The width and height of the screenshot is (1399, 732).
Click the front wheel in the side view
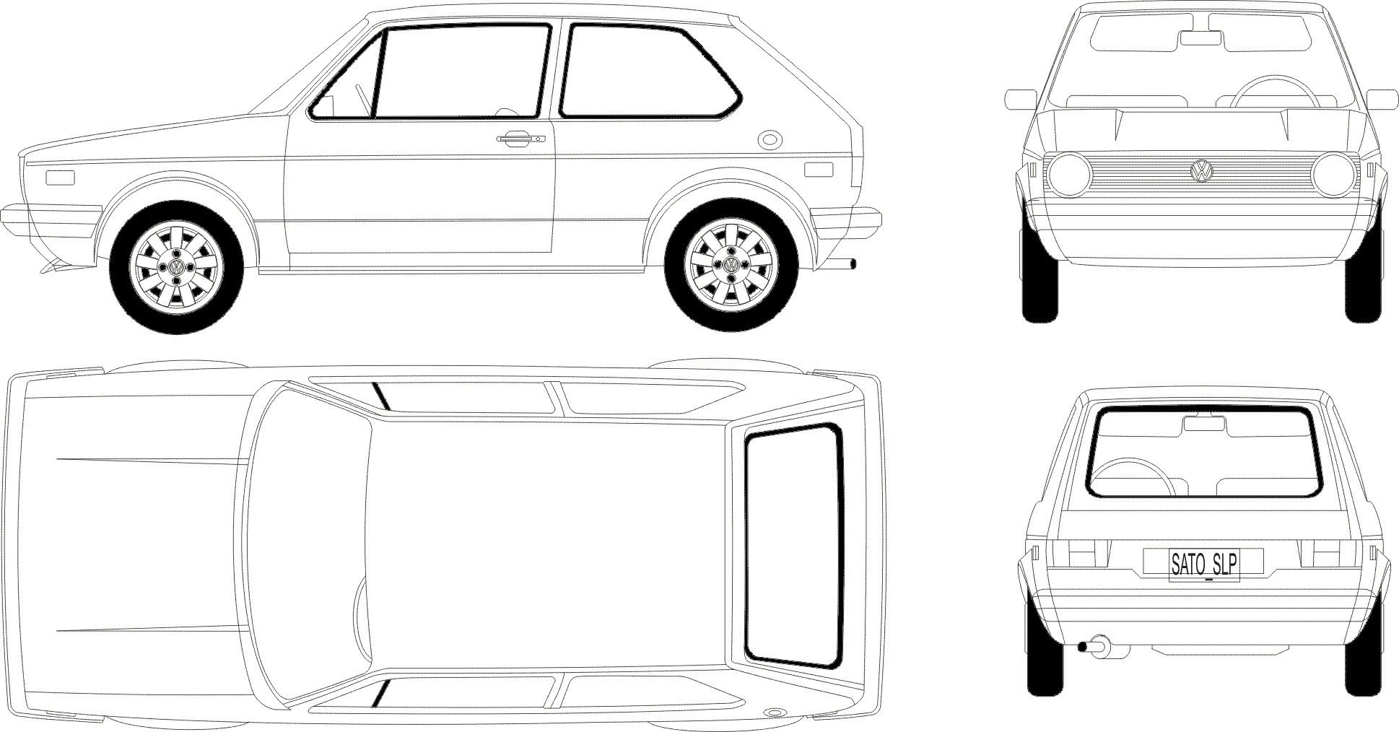[175, 268]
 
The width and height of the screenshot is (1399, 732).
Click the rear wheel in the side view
[731, 265]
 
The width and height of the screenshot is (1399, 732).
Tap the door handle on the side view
[519, 138]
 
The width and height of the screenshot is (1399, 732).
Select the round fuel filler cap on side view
[770, 139]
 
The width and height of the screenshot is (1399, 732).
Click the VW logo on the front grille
[1200, 170]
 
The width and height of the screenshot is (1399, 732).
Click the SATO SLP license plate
[1203, 565]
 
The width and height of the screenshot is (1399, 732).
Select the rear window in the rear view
[1203, 453]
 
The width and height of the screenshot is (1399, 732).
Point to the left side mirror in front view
[1020, 100]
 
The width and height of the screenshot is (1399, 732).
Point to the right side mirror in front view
[1382, 100]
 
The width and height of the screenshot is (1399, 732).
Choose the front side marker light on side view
[60, 178]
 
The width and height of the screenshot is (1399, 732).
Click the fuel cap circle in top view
[776, 710]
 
